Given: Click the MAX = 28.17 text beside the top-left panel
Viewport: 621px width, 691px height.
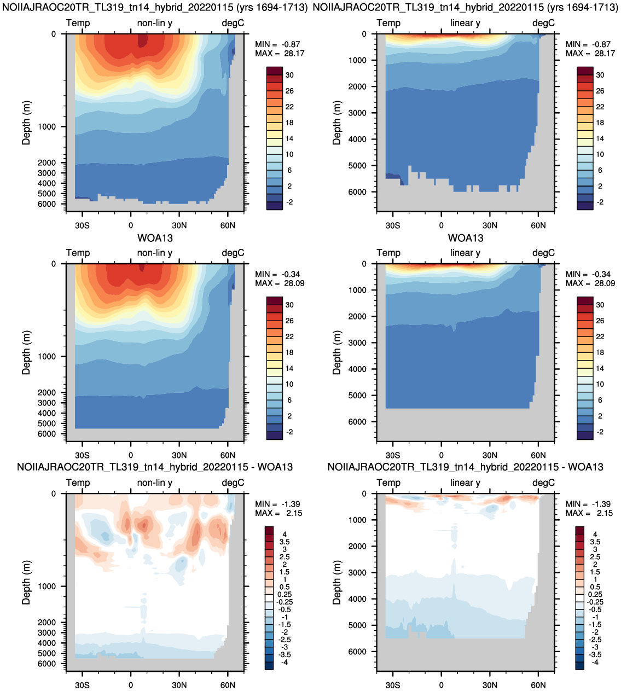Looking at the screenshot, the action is (x=280, y=54).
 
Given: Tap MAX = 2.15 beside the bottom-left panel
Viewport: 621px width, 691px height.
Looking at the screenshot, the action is (x=278, y=513).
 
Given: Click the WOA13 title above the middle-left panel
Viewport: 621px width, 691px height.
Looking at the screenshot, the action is (x=155, y=238).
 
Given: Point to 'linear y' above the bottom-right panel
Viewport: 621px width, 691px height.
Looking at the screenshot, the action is (x=465, y=483).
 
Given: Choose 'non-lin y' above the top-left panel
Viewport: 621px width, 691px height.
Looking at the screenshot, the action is (x=155, y=23).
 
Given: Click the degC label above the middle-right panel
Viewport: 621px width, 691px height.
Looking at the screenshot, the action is (x=543, y=253).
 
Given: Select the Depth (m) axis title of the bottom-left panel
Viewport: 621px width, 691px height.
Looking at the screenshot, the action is (x=26, y=582).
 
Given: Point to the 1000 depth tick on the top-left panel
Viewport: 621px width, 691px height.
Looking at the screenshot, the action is (x=47, y=127).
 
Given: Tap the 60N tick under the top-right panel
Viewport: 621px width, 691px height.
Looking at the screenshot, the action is (x=538, y=225).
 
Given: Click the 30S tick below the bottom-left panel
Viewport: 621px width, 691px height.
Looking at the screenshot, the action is (x=82, y=685).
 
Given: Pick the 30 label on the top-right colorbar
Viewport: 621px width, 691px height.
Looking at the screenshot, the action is (x=600, y=75).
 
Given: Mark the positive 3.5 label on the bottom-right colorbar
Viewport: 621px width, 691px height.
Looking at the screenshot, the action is (x=595, y=542).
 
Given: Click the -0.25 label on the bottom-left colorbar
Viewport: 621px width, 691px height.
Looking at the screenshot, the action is (x=285, y=602).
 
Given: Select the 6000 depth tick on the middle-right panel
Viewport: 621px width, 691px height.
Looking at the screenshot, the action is (x=357, y=422).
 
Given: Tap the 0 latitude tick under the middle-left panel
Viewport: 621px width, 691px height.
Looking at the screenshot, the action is (x=131, y=455).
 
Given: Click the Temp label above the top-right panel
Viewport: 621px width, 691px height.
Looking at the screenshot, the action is (x=388, y=23).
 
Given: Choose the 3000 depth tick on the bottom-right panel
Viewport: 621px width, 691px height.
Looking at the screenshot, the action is (x=357, y=572).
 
